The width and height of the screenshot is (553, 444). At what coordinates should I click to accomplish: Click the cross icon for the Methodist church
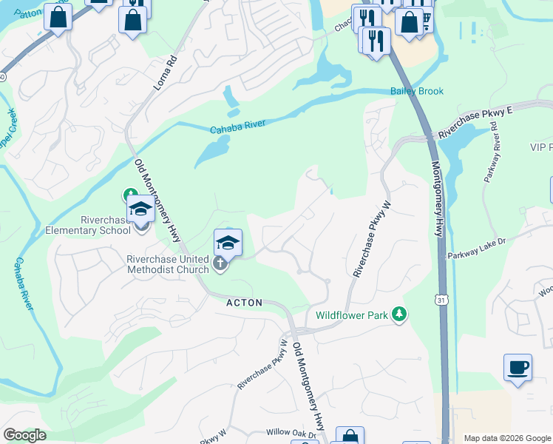tap(220, 263)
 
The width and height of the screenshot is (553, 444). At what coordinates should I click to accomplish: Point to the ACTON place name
tap(245, 303)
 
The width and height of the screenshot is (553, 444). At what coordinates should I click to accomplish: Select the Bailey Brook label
tap(417, 92)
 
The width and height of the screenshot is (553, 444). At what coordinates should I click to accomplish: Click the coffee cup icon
tap(518, 367)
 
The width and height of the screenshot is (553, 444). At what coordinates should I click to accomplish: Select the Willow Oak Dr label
tap(291, 432)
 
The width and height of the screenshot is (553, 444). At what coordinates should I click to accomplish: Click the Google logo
tap(24, 435)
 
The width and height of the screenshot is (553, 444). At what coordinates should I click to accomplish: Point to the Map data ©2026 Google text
tap(507, 438)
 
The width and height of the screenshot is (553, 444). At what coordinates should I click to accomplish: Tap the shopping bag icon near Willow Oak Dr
tap(349, 436)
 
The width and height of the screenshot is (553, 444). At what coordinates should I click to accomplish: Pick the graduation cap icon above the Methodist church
tap(228, 242)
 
